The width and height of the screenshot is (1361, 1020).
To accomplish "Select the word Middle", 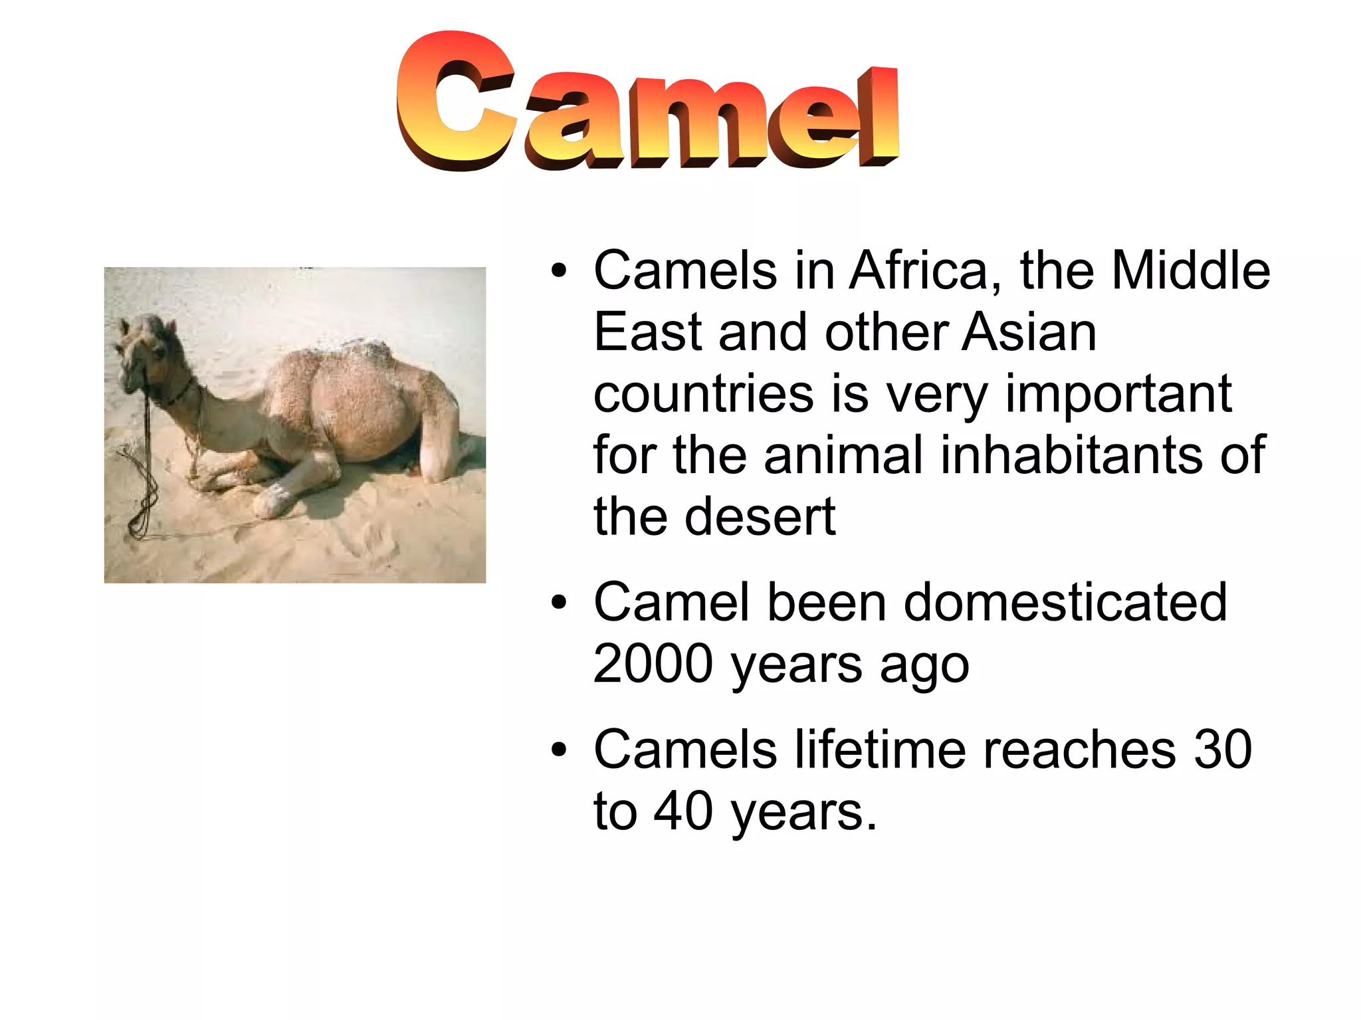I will click(1191, 270).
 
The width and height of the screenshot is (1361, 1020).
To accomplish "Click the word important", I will click(1118, 394).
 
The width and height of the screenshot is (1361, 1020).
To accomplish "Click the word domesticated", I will click(1064, 602).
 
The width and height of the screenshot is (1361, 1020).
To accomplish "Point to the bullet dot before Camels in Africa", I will click(559, 272).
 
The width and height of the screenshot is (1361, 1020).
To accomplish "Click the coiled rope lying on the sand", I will click(141, 505).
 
